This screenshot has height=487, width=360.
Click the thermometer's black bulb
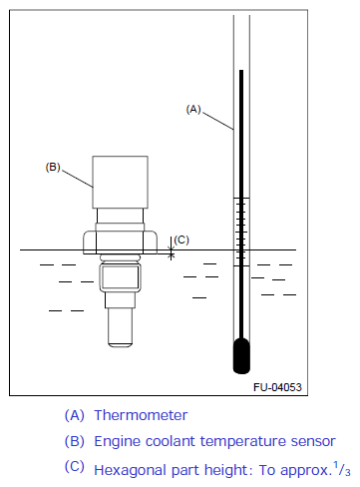241,356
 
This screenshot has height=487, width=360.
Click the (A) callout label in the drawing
193,109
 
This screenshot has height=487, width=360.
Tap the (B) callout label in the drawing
53,167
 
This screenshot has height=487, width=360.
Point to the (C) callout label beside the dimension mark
181,240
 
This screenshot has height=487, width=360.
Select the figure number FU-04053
277,387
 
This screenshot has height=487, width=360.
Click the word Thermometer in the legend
141,415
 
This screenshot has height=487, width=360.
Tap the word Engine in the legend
118,442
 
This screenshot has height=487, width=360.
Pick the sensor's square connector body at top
120,182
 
